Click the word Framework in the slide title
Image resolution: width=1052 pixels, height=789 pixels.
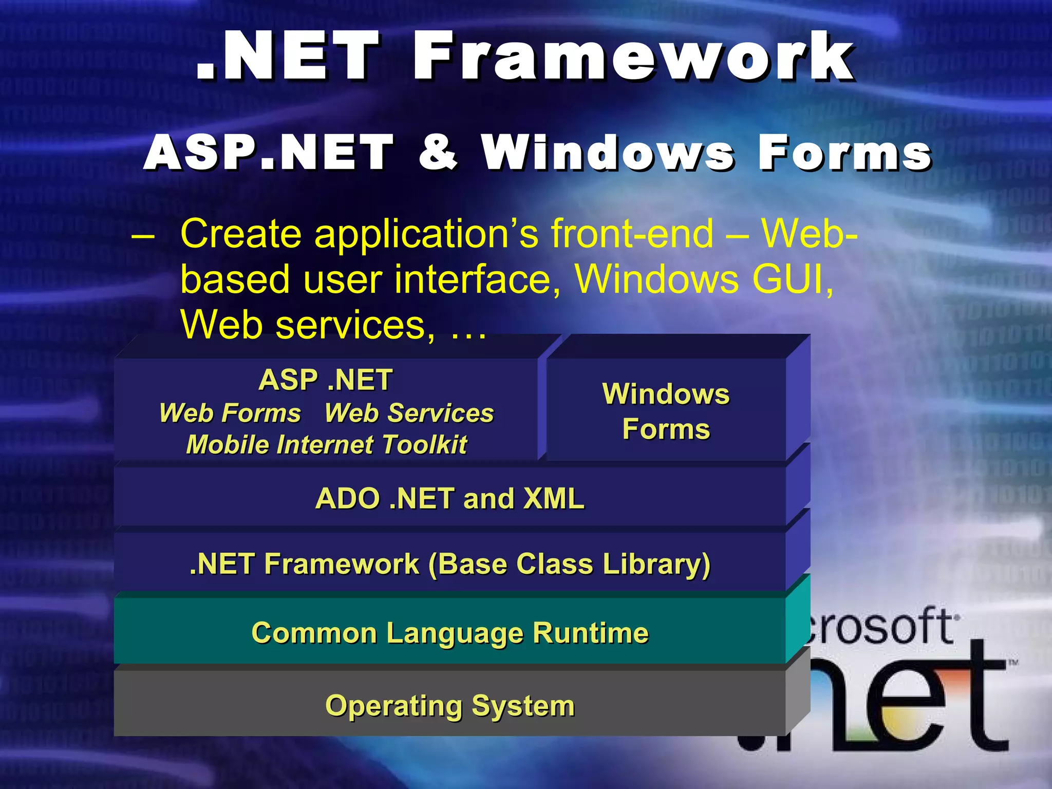point(634,57)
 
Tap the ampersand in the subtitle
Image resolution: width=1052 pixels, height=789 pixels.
point(437,152)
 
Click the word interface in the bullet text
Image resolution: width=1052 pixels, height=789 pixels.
point(478,279)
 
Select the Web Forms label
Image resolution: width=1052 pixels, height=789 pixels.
point(230,413)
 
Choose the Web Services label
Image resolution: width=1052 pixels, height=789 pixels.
point(409,413)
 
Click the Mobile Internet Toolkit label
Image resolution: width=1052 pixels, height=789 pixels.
point(327,445)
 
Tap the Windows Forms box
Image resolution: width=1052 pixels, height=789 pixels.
point(666,411)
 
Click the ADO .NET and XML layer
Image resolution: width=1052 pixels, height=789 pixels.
point(449,498)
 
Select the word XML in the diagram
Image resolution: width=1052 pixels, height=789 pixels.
point(553,498)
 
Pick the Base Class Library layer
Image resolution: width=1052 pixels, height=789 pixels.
point(449,564)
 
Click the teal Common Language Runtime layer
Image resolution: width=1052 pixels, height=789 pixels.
point(449,633)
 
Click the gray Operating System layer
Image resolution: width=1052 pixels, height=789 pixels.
point(449,706)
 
